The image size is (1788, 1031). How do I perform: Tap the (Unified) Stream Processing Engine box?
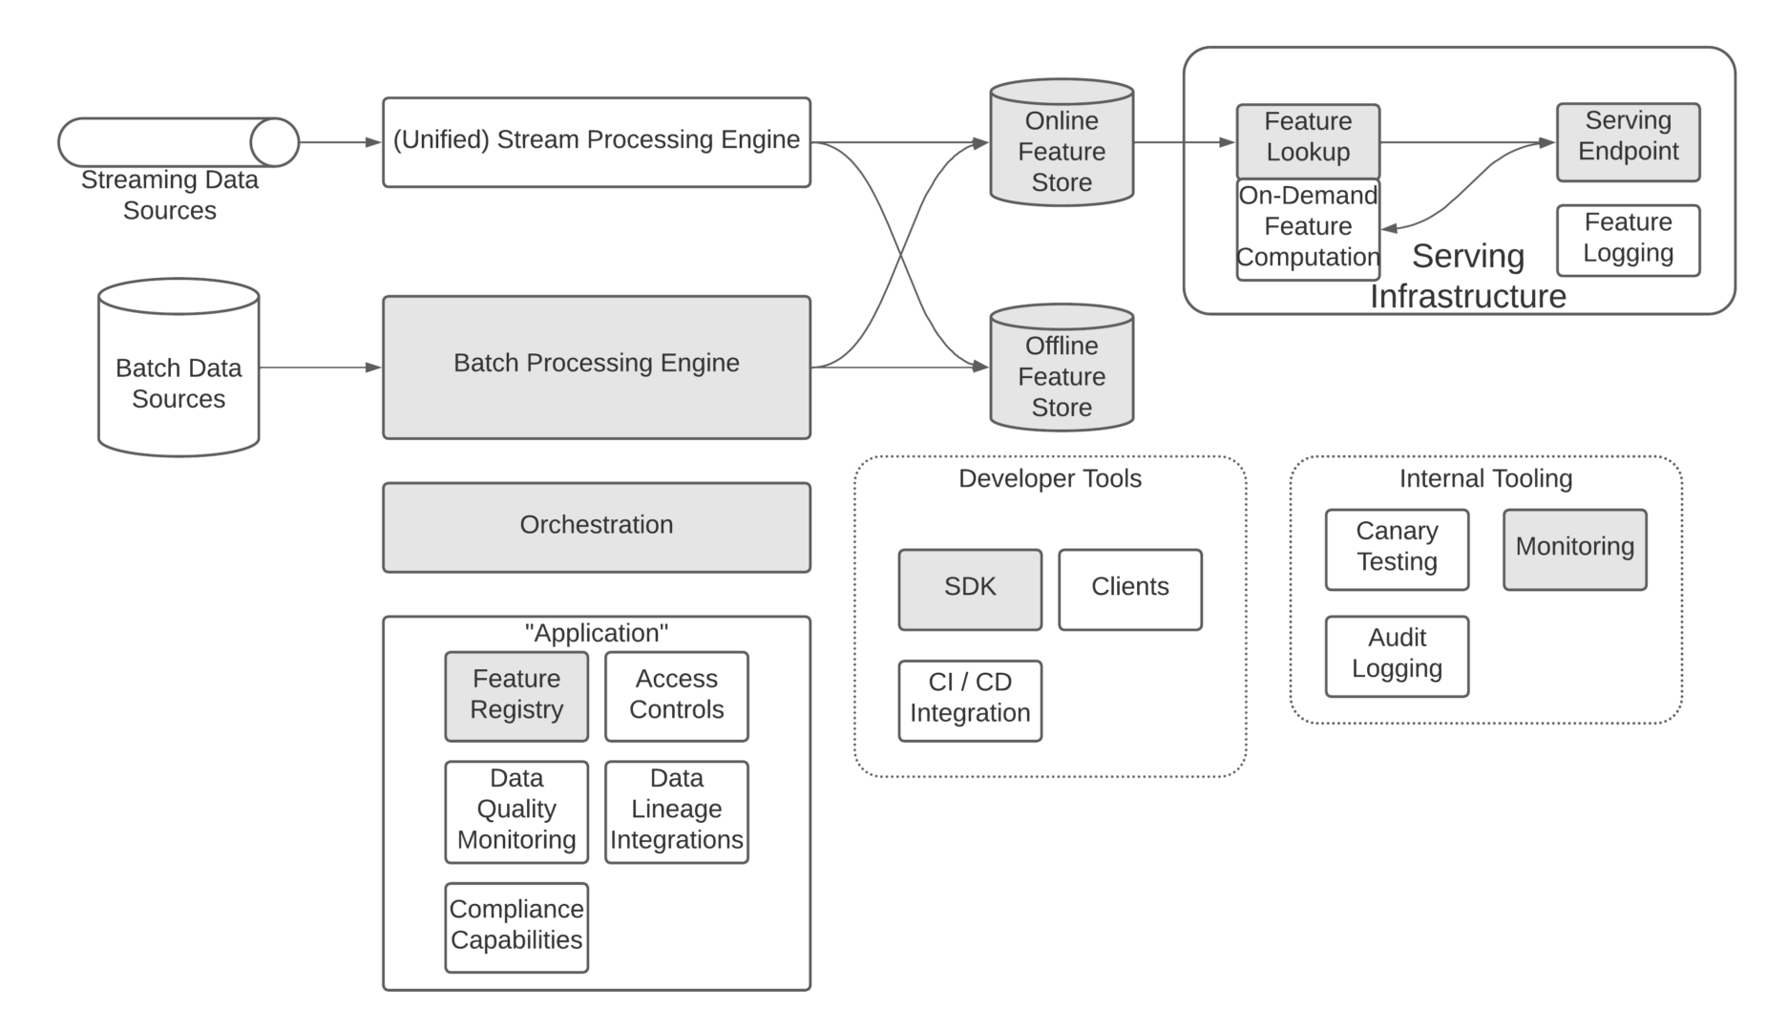[x=596, y=142]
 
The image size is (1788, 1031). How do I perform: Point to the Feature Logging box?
[x=1628, y=240]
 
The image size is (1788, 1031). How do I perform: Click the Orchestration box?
[x=596, y=527]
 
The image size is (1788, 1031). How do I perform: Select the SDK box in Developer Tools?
[x=970, y=589]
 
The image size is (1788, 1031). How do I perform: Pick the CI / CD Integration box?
[x=970, y=700]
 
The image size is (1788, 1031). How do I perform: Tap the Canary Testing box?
[x=1397, y=549]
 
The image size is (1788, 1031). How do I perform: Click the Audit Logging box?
[x=1397, y=656]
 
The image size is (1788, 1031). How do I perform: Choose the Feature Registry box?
[x=516, y=696]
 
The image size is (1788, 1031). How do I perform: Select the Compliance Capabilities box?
[x=516, y=927]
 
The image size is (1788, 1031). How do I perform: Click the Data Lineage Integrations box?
[x=676, y=811]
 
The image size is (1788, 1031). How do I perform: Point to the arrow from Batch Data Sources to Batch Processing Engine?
[x=320, y=367]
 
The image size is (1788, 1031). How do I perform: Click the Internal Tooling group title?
[x=1485, y=479]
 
